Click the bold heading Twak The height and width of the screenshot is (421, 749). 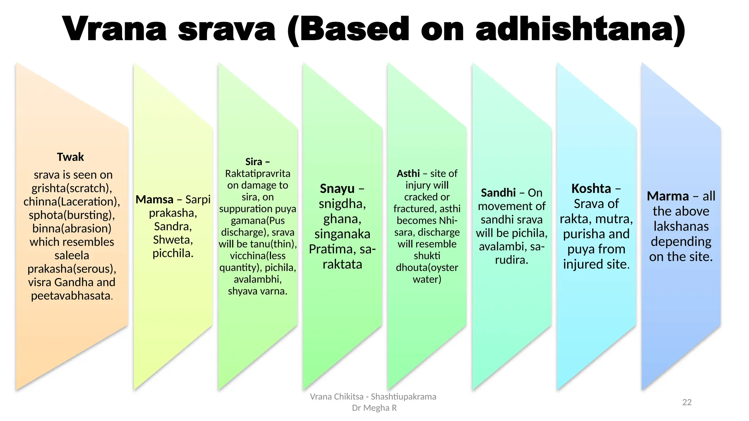(70, 157)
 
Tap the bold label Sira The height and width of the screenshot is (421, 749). (254, 162)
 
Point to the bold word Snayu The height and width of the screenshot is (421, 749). (337, 189)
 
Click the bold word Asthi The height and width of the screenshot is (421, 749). (408, 173)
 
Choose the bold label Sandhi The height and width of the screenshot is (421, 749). (498, 193)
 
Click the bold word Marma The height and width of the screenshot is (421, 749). (667, 196)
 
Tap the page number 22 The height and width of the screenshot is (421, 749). (687, 402)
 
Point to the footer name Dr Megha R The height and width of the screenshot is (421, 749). (374, 408)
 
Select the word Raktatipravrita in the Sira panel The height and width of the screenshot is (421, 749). (257, 174)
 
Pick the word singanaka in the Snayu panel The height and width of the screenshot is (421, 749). (342, 234)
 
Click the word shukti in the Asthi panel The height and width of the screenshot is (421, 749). (427, 256)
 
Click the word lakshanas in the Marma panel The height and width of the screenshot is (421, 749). (681, 227)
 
